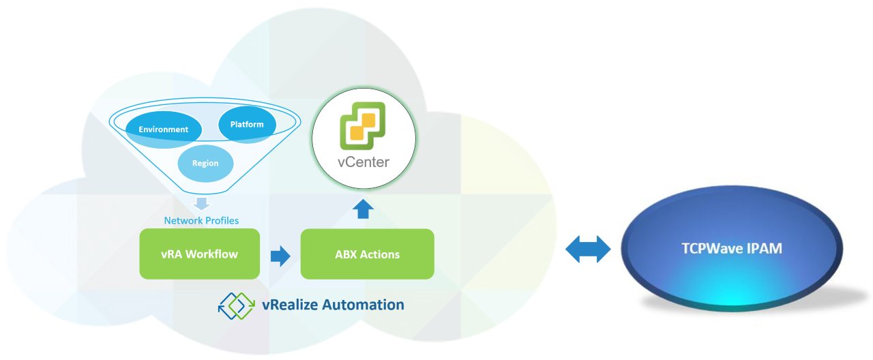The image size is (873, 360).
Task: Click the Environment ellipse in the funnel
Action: click(x=163, y=130)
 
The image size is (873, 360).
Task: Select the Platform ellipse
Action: click(x=247, y=125)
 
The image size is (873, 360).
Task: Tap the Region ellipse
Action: click(x=205, y=164)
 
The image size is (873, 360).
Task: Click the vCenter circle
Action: click(x=364, y=141)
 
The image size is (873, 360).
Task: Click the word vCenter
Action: click(x=364, y=162)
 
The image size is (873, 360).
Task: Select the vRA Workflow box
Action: click(x=200, y=254)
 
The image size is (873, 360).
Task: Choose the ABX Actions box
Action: click(x=367, y=254)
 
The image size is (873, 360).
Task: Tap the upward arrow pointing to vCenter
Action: click(x=363, y=209)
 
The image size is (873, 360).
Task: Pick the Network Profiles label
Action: click(x=201, y=220)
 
